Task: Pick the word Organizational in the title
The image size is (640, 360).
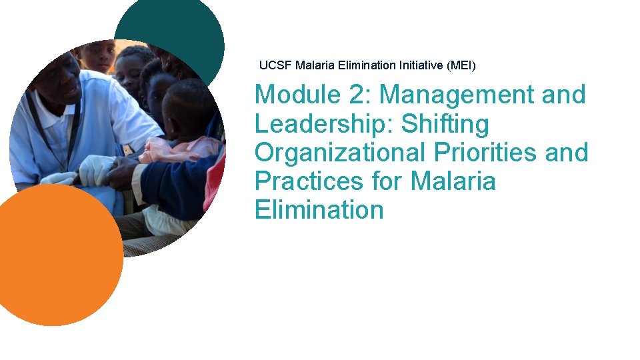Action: click(x=340, y=153)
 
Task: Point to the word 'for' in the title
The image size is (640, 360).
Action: click(x=389, y=181)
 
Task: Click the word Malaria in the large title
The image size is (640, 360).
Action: click(x=453, y=181)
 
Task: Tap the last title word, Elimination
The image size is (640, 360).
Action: click(x=319, y=210)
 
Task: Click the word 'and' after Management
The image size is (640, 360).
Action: click(x=564, y=95)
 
